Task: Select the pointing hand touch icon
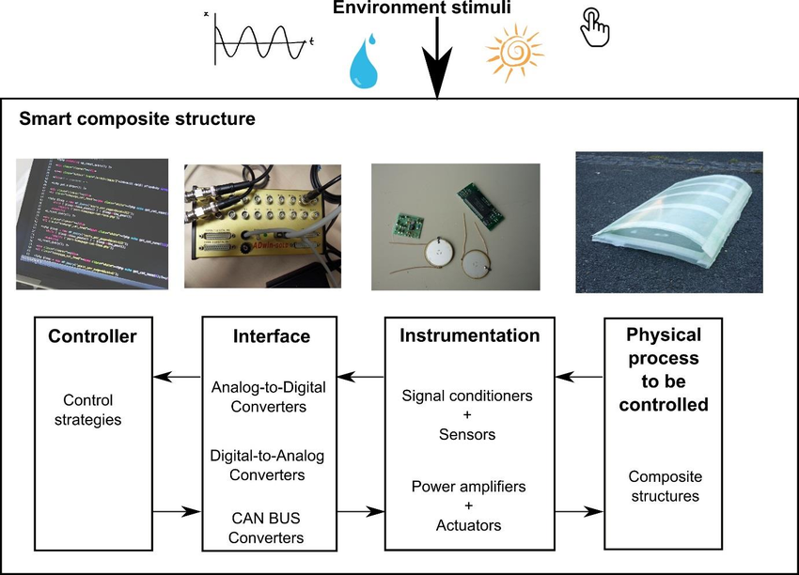click(594, 28)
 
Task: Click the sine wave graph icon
click(257, 39)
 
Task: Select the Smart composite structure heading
click(137, 120)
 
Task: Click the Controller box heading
click(92, 335)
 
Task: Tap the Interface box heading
click(272, 335)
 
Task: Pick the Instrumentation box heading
click(470, 335)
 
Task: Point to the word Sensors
click(467, 435)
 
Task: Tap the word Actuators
click(467, 526)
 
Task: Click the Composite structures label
click(666, 487)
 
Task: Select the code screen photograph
click(93, 223)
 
